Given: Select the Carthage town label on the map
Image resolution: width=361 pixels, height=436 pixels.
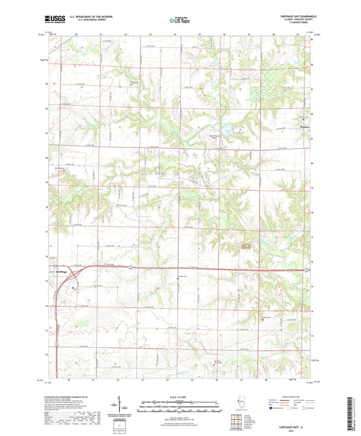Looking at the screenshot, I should coord(61,271).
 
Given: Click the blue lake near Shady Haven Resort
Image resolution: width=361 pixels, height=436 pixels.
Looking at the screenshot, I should coord(228,129).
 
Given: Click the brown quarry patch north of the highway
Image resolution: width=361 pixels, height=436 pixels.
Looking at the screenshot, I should coord(245,245).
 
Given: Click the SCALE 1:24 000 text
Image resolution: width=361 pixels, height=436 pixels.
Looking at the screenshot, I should coord(179,396).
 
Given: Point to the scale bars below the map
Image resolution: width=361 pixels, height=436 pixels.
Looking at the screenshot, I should coord(179,406).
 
